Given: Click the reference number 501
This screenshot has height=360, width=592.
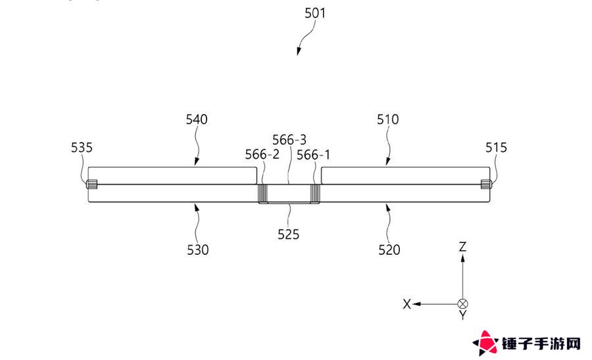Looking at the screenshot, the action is (315, 13).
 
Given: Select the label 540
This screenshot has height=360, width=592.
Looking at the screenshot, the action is (196, 119).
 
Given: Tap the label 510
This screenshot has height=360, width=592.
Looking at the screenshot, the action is (387, 119).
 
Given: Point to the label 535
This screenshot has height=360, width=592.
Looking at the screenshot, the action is (82, 147).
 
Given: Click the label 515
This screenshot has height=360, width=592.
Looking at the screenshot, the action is (496, 147).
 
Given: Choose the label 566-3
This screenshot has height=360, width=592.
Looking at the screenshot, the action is (289, 140).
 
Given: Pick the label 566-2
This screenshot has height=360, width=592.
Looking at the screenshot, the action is (262, 155).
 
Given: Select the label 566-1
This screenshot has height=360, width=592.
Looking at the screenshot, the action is (313, 155).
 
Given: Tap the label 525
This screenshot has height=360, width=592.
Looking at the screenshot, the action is (289, 234).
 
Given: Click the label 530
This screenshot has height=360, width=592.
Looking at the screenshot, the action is (198, 250).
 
